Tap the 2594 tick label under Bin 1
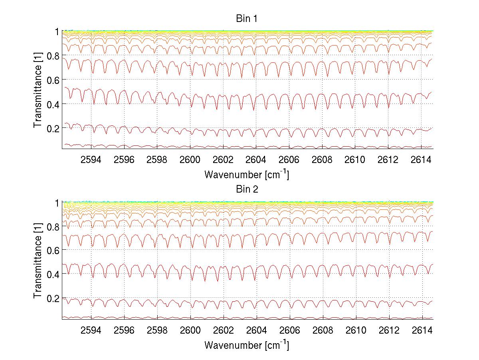click(91, 160)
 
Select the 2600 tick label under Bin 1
click(190, 160)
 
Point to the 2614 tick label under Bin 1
click(422, 160)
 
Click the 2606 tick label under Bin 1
click(289, 160)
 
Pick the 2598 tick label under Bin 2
click(157, 331)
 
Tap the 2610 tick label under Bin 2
click(355, 331)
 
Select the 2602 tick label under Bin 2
click(223, 331)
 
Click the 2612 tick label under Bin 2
click(388, 331)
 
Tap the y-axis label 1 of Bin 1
click(57, 31)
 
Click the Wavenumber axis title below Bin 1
click(247, 174)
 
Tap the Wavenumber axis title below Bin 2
click(247, 345)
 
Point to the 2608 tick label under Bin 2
click(322, 331)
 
